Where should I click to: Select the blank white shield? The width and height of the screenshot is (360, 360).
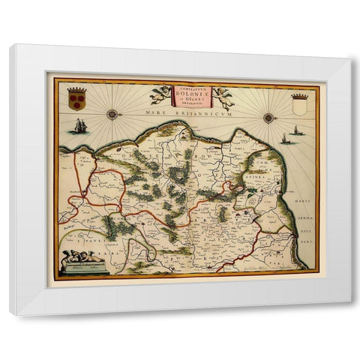[x=299, y=106]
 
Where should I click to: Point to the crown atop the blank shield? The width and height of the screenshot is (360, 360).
[x=299, y=96]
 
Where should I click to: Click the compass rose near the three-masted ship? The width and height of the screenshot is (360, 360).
[x=113, y=115]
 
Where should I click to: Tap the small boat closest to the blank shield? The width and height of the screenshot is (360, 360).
[x=297, y=130]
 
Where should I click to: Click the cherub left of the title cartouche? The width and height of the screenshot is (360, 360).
[x=161, y=94]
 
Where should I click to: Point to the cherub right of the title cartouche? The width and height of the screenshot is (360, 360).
[x=223, y=96]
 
